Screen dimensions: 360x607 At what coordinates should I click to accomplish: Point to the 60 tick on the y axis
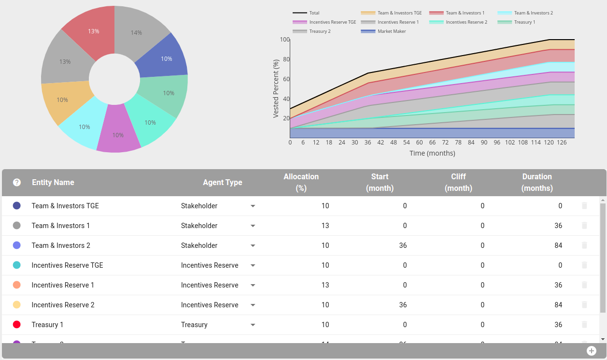click(286, 79)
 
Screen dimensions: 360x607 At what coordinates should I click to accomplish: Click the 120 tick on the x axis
click(549, 143)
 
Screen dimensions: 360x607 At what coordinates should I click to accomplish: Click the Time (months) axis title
click(432, 153)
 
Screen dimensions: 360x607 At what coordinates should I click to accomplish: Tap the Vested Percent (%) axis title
click(276, 89)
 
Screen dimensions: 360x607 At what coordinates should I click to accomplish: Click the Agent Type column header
click(222, 182)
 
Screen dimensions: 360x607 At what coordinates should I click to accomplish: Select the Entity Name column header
click(53, 182)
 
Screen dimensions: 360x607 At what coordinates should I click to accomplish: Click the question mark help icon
click(17, 182)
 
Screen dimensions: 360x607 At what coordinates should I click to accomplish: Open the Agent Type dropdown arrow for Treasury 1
click(253, 325)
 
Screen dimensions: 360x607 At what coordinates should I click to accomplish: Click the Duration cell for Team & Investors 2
click(558, 245)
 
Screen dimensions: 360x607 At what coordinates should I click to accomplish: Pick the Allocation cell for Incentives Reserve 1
click(325, 285)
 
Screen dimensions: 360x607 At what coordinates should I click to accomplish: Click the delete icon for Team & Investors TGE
click(584, 206)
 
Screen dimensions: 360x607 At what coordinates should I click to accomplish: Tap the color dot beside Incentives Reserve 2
click(17, 305)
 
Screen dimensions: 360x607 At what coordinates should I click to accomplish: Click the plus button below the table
click(592, 351)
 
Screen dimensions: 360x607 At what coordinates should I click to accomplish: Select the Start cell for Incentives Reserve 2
click(403, 305)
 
